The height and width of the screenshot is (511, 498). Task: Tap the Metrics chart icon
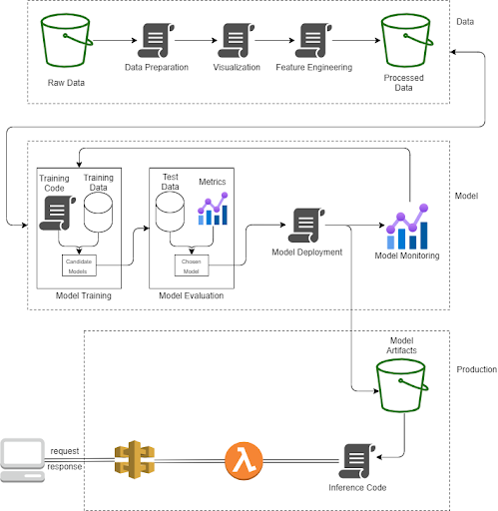point(213,210)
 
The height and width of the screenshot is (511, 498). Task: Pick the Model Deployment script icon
point(305,225)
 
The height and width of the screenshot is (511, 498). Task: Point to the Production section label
point(476,369)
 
